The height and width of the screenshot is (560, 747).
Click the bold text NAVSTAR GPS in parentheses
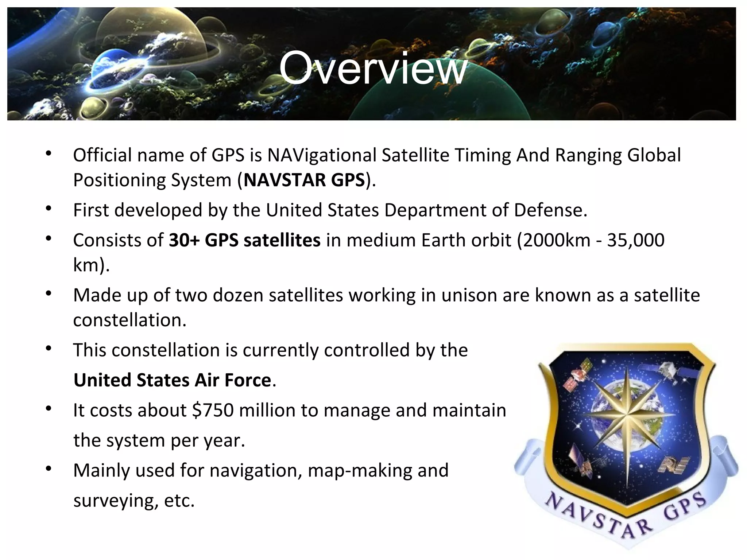point(304,180)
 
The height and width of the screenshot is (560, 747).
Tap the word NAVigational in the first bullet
point(322,155)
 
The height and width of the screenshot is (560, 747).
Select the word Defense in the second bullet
point(550,210)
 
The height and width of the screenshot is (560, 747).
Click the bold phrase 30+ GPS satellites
point(244,241)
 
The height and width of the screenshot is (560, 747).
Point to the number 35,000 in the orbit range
point(635,241)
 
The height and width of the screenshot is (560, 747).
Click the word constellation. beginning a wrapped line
point(129,320)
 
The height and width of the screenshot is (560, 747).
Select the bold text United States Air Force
point(172,380)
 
